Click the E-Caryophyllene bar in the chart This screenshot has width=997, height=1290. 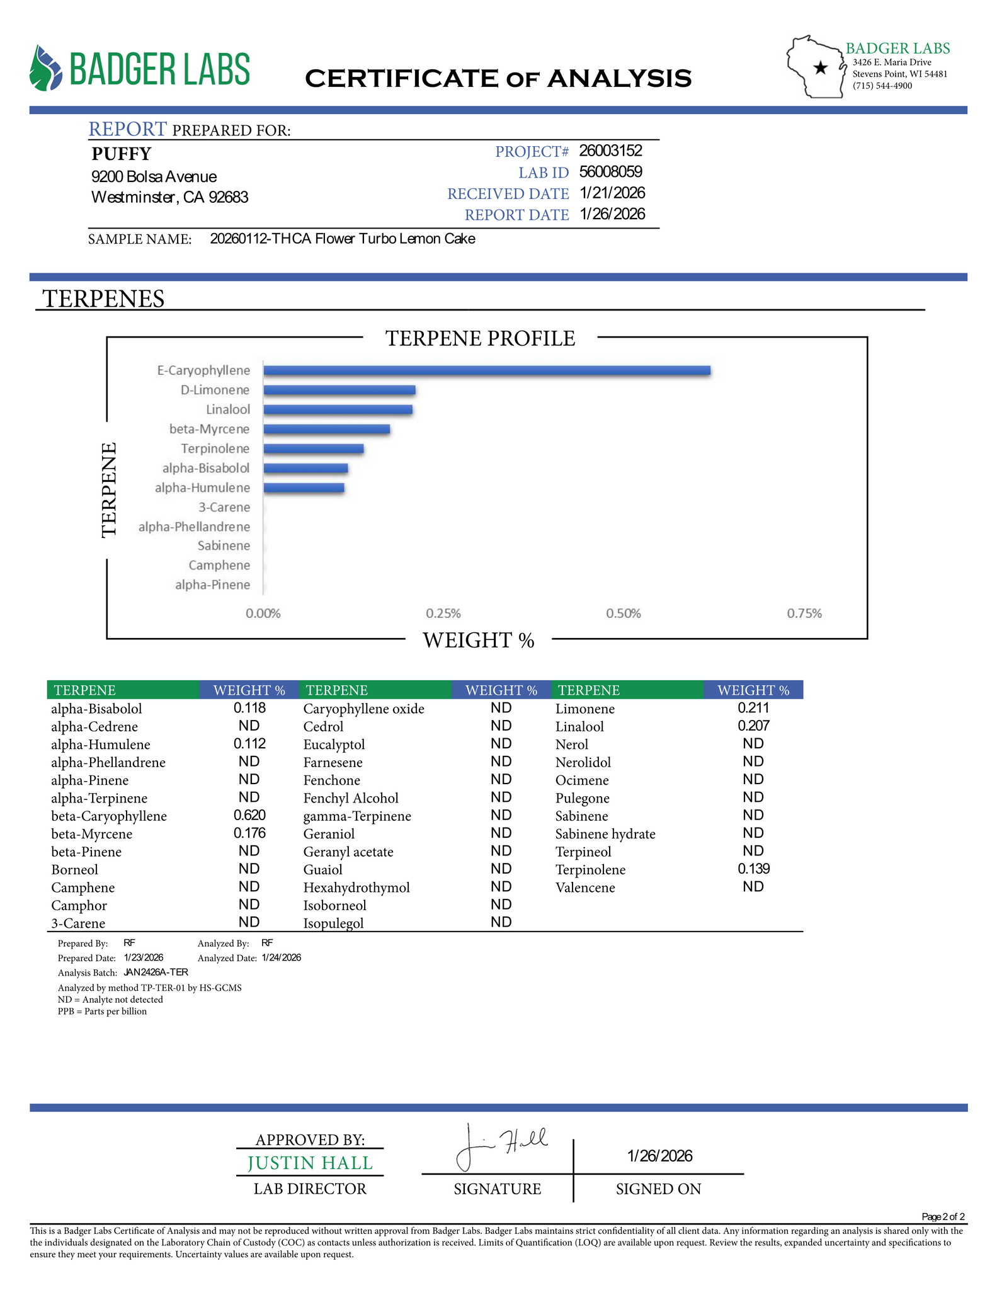click(x=486, y=370)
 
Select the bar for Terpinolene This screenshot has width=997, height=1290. click(x=313, y=448)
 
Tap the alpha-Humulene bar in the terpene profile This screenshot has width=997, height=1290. click(x=304, y=488)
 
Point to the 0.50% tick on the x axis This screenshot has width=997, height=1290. click(x=624, y=614)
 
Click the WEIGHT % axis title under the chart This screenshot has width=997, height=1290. click(x=479, y=640)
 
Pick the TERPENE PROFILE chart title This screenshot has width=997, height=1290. click(x=480, y=338)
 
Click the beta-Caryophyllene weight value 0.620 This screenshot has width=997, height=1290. click(x=249, y=815)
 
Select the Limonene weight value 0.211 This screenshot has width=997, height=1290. click(x=753, y=708)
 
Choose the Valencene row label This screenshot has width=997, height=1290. click(x=585, y=888)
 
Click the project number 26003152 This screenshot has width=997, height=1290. click(x=610, y=151)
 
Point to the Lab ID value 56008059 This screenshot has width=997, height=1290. click(x=610, y=172)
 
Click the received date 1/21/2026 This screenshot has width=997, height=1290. click(x=612, y=193)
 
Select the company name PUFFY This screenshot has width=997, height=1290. click(x=122, y=154)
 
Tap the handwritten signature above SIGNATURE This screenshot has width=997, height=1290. click(x=501, y=1145)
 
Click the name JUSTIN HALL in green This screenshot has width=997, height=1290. click(x=310, y=1163)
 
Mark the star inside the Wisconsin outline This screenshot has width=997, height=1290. click(x=820, y=68)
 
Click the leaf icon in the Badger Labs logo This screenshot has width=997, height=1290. click(x=46, y=68)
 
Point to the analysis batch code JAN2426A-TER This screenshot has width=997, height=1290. click(x=156, y=972)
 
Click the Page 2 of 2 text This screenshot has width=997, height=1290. click(x=943, y=1216)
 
